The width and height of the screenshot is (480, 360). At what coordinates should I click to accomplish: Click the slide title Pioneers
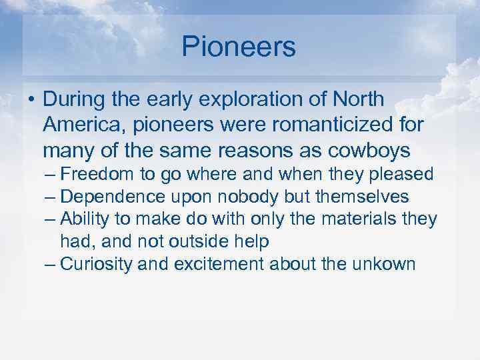(239, 47)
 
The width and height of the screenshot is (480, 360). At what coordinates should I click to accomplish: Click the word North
(359, 100)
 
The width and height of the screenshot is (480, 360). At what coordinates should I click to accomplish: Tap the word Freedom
(97, 175)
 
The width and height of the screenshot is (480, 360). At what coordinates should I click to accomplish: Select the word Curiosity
(97, 264)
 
